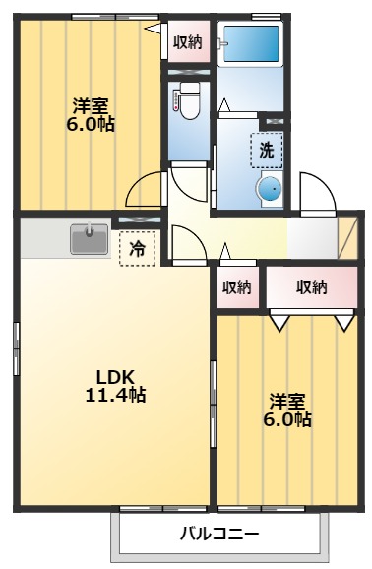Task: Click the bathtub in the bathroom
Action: pyautogui.click(x=249, y=43)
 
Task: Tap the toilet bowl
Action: pyautogui.click(x=189, y=100)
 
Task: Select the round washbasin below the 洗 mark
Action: pyautogui.click(x=269, y=188)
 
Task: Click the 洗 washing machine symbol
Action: pyautogui.click(x=267, y=151)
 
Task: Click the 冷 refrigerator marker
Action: pyautogui.click(x=138, y=249)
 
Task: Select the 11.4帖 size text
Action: pyautogui.click(x=115, y=396)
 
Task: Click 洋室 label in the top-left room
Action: pyautogui.click(x=89, y=106)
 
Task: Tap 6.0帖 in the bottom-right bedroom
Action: pyautogui.click(x=288, y=420)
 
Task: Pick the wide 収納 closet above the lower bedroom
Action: pyautogui.click(x=311, y=287)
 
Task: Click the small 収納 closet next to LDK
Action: pyautogui.click(x=236, y=287)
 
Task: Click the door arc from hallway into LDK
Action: pyautogui.click(x=185, y=242)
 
